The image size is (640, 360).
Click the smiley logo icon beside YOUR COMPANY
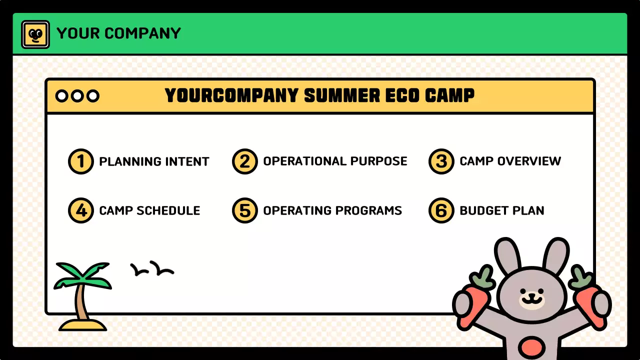point(35,34)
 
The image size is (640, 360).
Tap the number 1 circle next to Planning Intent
point(80,161)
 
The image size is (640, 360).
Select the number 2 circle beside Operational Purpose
point(244,161)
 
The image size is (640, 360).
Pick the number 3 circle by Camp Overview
point(441,161)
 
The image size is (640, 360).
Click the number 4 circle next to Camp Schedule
point(80,210)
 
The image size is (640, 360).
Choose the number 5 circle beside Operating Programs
point(244,210)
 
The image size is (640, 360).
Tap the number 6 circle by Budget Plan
point(441,210)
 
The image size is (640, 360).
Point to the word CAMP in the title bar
point(449,95)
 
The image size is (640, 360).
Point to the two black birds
point(152,269)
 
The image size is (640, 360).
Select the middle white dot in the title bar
point(77,96)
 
